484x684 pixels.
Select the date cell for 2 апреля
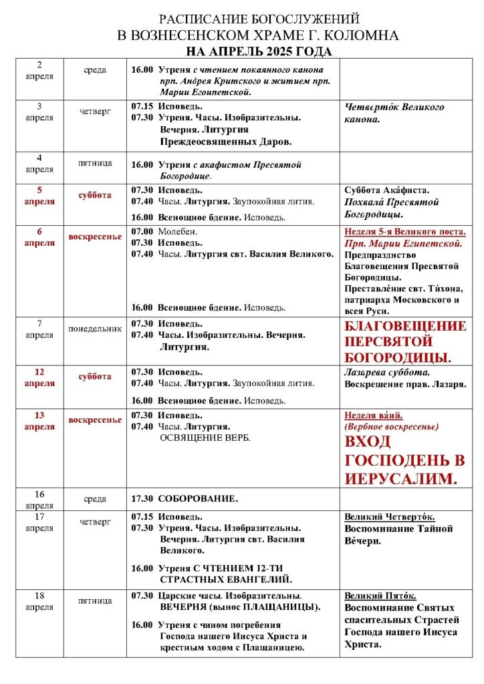click(x=39, y=70)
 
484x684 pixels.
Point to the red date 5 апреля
click(x=39, y=195)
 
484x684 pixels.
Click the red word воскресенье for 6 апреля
click(x=94, y=237)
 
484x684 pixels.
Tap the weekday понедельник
click(x=94, y=329)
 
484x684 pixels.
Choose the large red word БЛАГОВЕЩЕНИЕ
click(x=405, y=327)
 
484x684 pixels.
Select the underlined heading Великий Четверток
click(x=389, y=516)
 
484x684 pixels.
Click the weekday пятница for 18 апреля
click(x=94, y=601)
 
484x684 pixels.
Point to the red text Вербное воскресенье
click(x=391, y=426)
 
